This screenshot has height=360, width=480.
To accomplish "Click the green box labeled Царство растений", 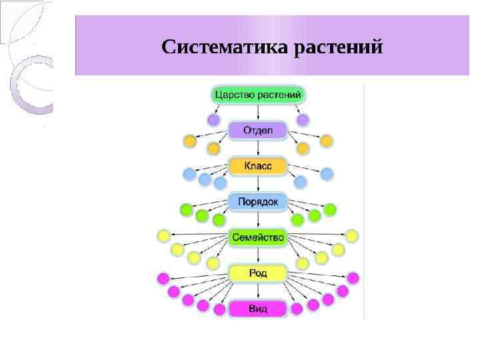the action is point(259,94).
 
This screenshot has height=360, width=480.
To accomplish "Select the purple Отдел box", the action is point(258,129).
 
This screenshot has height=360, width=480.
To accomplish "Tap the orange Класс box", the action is point(258,165).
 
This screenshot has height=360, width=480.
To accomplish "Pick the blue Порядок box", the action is point(258,201).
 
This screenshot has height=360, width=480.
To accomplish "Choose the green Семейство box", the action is point(258,237).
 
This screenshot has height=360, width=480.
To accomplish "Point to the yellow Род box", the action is point(258,273).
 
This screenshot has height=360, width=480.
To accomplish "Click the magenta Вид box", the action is point(258,309).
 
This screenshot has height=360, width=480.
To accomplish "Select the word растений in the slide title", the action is point(339,48).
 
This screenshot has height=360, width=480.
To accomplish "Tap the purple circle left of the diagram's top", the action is point(213,120).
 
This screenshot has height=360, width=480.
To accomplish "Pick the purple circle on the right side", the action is point(303,120).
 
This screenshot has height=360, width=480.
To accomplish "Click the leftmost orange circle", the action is point(190,141).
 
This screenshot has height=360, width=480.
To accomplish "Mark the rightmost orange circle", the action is point(326,141).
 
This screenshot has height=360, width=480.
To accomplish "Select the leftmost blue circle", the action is point(189,175).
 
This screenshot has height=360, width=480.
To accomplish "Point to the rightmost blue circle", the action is point(327,174).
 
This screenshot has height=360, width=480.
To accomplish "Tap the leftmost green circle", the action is point(187,210).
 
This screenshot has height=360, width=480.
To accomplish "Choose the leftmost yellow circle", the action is point(163,236).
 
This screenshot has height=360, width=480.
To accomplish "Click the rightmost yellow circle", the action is point(352,236).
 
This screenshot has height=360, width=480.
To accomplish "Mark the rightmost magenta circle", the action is point(353,278).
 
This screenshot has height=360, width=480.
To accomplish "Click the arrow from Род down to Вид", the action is point(258,291).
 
